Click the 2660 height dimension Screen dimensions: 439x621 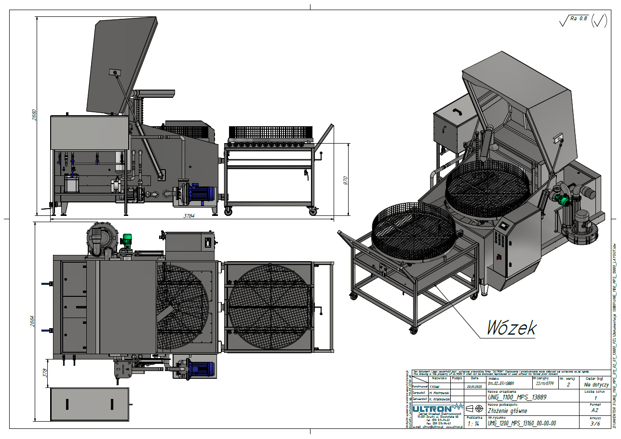[34, 115]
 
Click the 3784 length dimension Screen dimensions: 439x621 [189, 216]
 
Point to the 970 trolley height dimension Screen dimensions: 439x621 [345, 180]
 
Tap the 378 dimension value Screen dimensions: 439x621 [45, 373]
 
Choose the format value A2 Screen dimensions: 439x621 [595, 410]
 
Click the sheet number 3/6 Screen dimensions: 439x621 [595, 424]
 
